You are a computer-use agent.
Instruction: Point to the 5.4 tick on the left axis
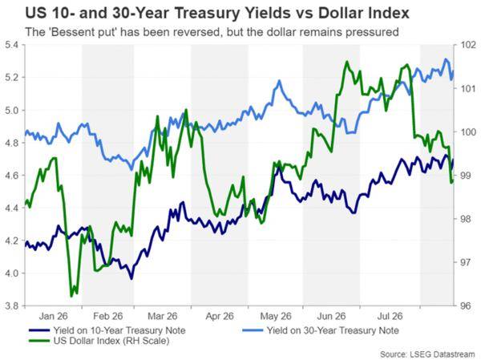(12, 45)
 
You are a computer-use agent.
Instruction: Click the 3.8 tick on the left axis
(12, 305)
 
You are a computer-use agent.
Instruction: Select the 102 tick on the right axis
(469, 45)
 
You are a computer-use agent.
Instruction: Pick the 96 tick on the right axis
(467, 305)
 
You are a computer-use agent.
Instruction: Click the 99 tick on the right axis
(467, 176)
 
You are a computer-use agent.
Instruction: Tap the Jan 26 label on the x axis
(54, 316)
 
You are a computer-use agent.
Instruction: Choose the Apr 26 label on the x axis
(220, 316)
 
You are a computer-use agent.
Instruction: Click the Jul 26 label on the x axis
(390, 316)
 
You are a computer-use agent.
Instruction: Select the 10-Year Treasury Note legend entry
(107, 330)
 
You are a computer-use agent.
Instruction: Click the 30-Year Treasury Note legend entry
(321, 330)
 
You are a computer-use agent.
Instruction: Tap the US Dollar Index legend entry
(99, 341)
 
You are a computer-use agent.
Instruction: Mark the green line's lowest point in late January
(72, 296)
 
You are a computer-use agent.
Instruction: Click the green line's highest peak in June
(347, 62)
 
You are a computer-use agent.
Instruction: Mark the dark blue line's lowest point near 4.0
(131, 279)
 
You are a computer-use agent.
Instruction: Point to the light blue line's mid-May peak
(279, 81)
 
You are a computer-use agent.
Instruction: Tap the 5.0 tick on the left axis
(12, 110)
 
